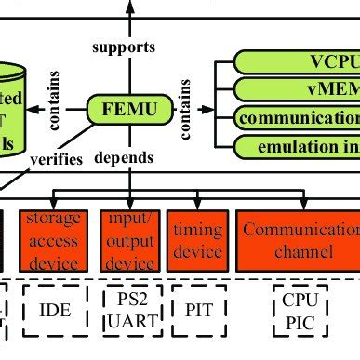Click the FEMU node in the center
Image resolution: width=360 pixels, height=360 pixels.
tap(129, 111)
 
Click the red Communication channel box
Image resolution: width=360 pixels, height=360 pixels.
tap(296, 238)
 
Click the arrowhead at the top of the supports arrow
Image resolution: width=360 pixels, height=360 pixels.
tap(129, 6)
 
